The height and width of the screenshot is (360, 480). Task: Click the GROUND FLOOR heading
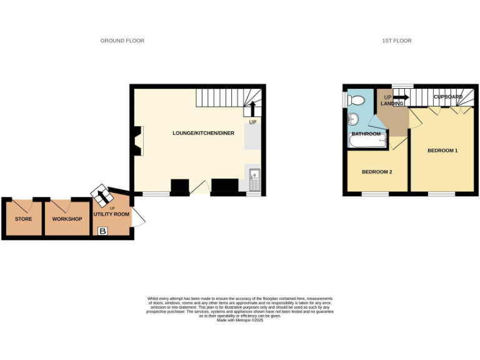(x=122, y=41)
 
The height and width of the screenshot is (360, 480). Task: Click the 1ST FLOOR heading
(x=397, y=41)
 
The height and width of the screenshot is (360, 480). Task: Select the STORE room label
(x=23, y=219)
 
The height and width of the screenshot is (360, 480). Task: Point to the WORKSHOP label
(x=67, y=219)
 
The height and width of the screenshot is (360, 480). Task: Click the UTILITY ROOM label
(x=112, y=214)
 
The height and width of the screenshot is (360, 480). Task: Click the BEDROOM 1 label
(x=442, y=151)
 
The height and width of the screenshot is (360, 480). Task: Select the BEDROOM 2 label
(x=377, y=172)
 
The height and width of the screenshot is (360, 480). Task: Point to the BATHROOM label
(x=366, y=134)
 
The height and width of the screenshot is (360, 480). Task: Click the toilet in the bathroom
(x=357, y=100)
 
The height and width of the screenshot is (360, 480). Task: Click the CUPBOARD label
(x=448, y=97)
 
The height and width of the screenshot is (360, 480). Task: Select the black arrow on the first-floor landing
(x=400, y=97)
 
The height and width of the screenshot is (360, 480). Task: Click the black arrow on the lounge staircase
(x=252, y=109)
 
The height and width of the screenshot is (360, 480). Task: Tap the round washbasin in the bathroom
(x=354, y=119)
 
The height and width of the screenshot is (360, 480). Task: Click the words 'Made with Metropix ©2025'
(x=240, y=320)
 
